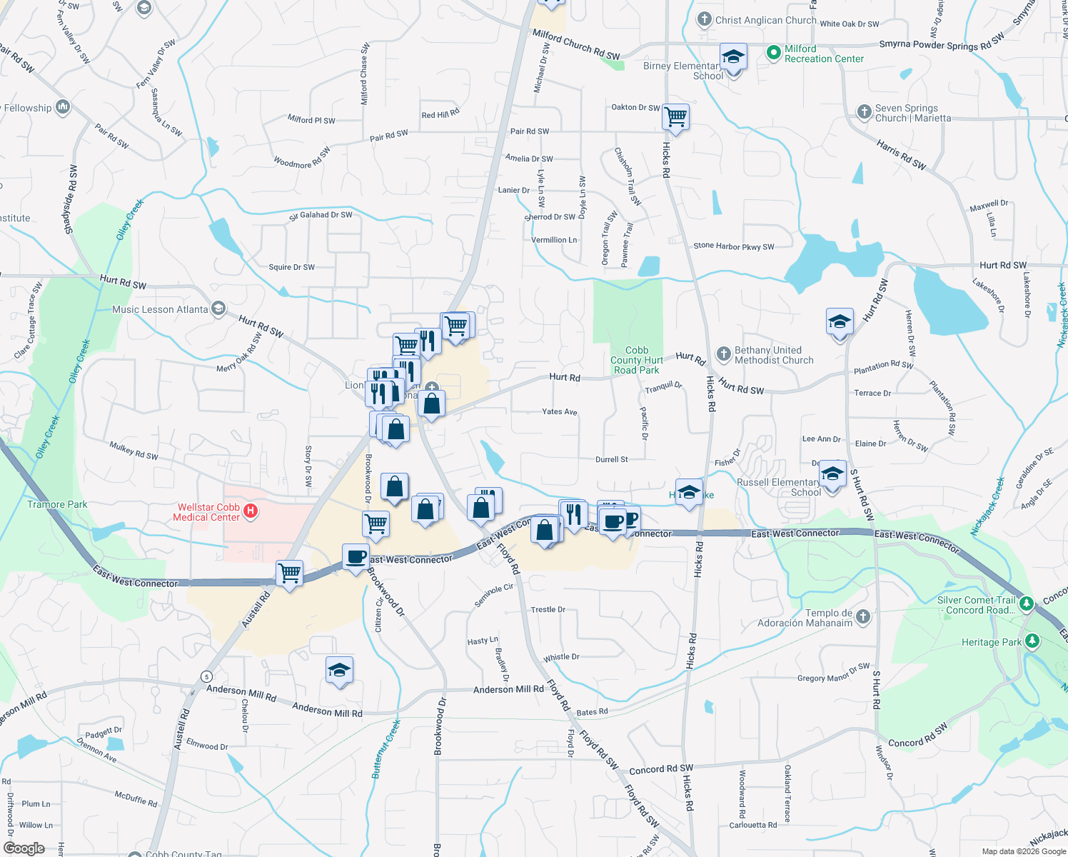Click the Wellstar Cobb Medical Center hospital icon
click(251, 511)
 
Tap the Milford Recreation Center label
click(824, 54)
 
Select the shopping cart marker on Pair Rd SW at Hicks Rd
click(675, 116)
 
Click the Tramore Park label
click(57, 505)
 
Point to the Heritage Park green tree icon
click(1032, 641)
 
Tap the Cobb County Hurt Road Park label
click(637, 360)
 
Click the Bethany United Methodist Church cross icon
click(723, 353)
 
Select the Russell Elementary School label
click(778, 487)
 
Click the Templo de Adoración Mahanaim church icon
click(863, 616)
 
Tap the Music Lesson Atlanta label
click(160, 309)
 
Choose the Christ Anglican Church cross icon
click(705, 19)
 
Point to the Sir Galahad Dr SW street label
click(321, 215)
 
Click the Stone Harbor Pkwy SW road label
click(733, 246)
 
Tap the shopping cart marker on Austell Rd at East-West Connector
click(290, 573)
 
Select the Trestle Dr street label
click(548, 610)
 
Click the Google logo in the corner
click(24, 848)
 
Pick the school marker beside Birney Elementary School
click(733, 57)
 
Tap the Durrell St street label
click(611, 460)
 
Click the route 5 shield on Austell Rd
click(206, 676)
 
